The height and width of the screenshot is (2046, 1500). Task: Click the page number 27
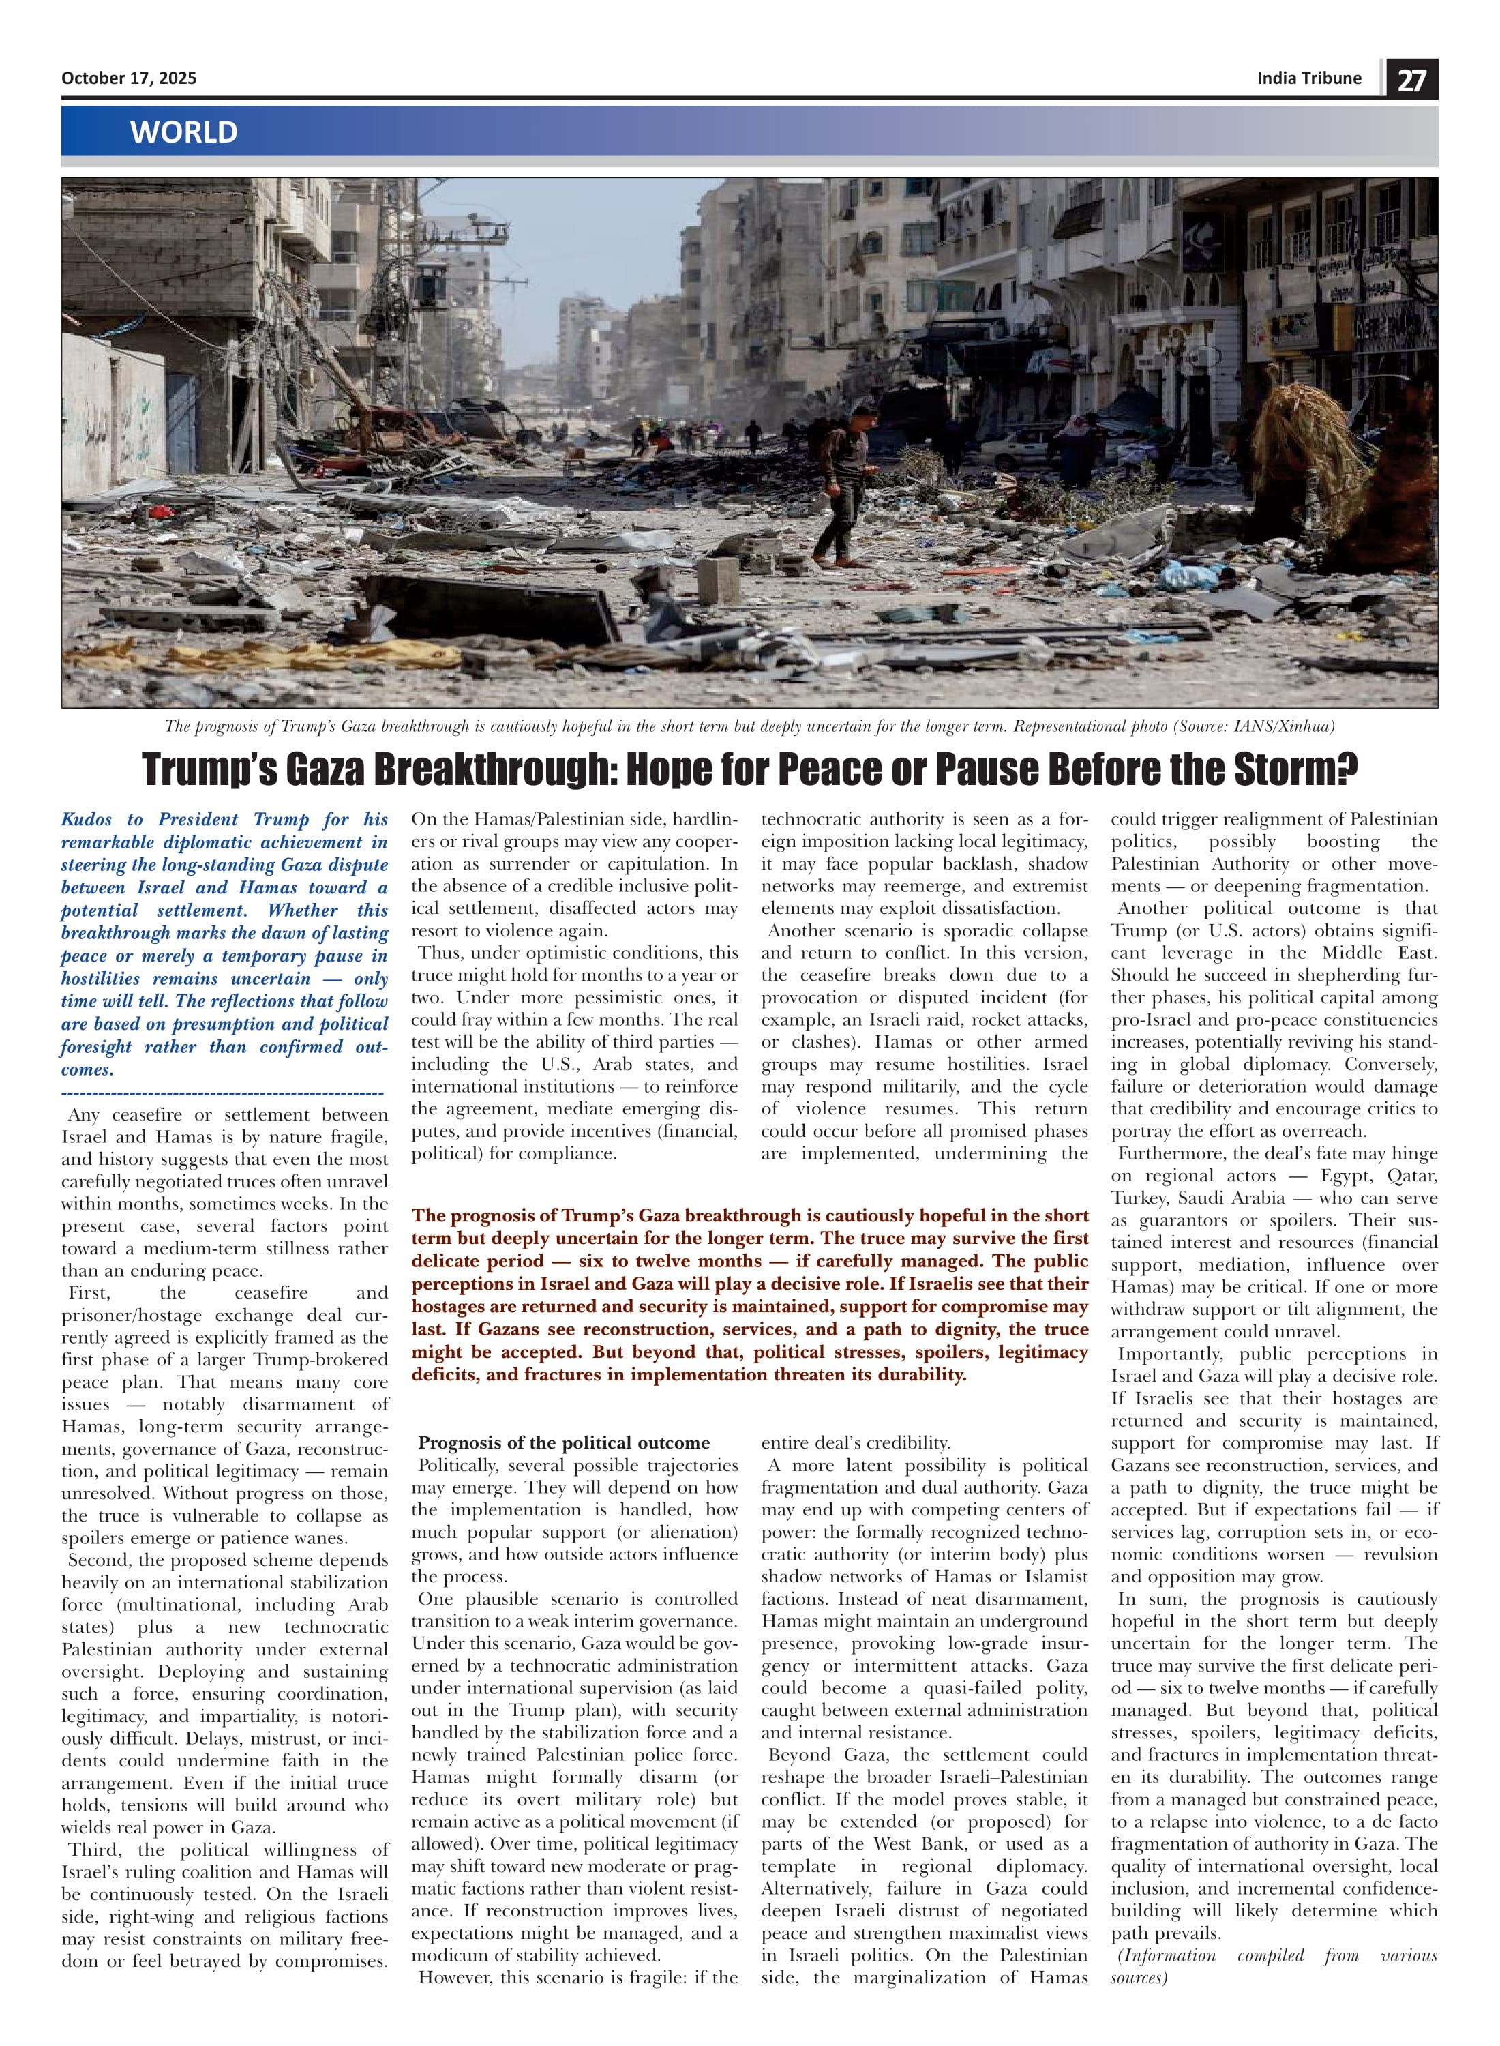1411,80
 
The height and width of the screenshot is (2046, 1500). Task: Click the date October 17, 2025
129,78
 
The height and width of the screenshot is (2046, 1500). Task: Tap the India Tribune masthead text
1308,78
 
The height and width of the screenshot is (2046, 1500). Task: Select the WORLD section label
183,132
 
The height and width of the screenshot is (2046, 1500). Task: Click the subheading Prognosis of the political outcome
564,1443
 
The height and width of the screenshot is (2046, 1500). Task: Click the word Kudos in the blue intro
87,819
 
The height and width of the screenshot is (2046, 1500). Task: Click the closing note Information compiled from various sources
1273,1966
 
